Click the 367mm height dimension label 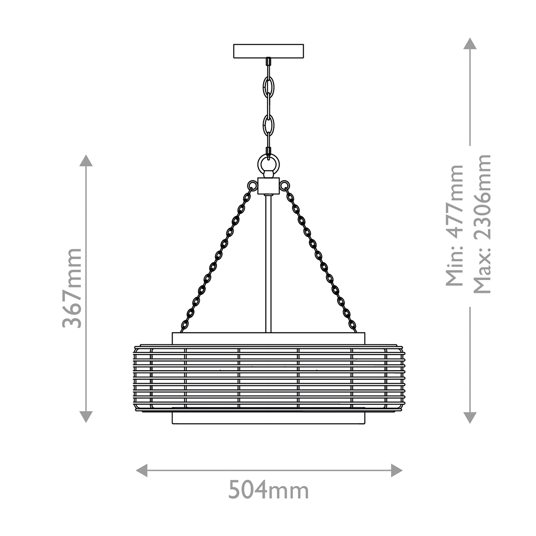click(72, 288)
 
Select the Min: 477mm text click(454, 226)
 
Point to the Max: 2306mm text click(482, 224)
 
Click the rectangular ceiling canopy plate click(268, 51)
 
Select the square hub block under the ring click(268, 186)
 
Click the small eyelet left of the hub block click(252, 185)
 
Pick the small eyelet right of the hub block click(285, 185)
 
